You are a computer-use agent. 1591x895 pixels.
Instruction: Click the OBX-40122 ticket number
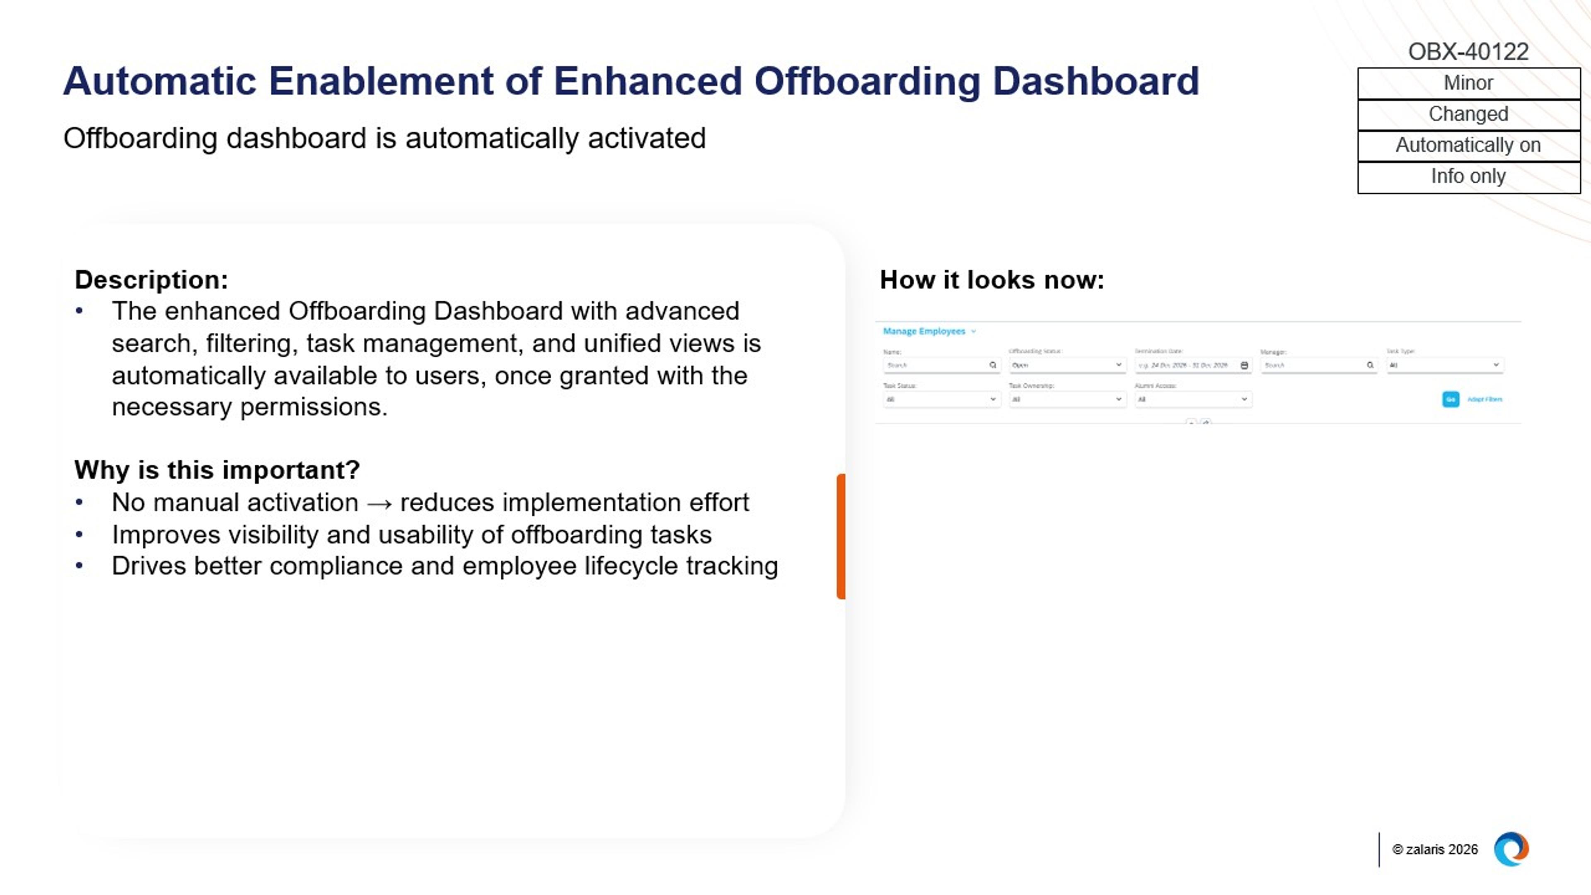tap(1468, 51)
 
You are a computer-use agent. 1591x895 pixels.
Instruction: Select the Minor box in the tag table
tap(1468, 83)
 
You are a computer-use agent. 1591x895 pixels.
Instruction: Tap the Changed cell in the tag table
tap(1468, 114)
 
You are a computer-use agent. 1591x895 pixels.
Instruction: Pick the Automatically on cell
tap(1468, 145)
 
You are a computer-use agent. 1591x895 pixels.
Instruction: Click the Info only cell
tap(1468, 177)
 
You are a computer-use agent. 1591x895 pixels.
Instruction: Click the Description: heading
tap(151, 280)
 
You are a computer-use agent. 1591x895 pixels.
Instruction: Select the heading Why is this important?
tap(217, 470)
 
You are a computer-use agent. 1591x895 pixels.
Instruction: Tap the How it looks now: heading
tap(991, 280)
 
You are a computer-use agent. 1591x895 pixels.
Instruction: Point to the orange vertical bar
tap(841, 536)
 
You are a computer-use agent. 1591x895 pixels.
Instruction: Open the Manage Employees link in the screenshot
tap(924, 331)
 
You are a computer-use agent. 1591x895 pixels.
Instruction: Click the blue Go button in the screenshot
tap(1450, 399)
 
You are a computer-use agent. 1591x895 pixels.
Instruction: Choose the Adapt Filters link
tap(1484, 399)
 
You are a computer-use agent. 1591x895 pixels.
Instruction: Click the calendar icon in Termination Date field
tap(1244, 365)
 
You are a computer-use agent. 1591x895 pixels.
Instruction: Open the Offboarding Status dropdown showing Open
tap(1066, 365)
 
